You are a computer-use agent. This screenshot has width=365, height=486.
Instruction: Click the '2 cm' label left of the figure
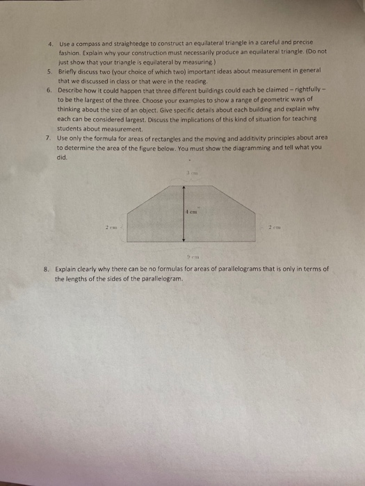tap(109, 226)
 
